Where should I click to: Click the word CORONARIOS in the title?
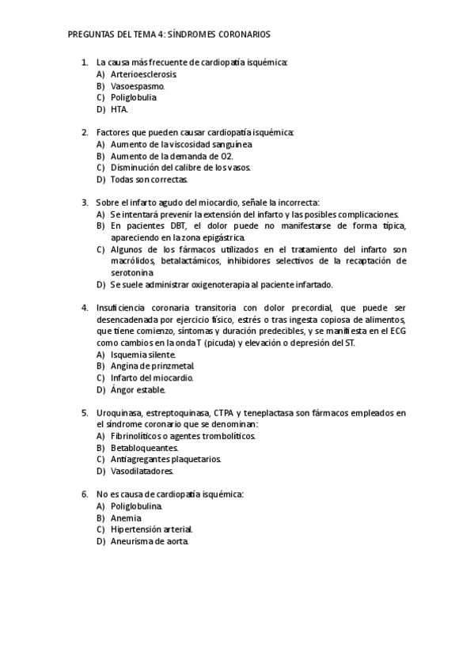[241, 35]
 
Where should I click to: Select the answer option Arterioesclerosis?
[143, 74]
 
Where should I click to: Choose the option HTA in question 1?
[119, 109]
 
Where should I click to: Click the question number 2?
[84, 132]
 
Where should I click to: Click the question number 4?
[84, 307]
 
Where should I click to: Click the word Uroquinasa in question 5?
[119, 412]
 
